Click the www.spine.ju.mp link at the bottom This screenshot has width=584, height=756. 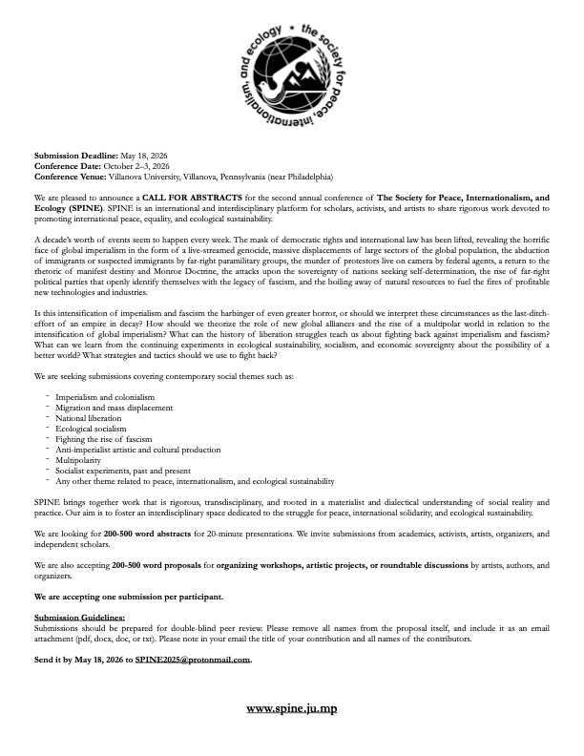pos(292,708)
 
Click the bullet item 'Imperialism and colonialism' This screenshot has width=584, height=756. pos(105,397)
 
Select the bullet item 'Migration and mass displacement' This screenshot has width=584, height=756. pos(115,408)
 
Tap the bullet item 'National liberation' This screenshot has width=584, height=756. pos(89,418)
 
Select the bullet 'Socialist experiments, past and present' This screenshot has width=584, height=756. pos(120,472)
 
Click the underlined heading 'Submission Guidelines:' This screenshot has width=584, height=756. pos(79,618)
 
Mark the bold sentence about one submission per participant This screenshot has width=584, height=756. pos(129,597)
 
